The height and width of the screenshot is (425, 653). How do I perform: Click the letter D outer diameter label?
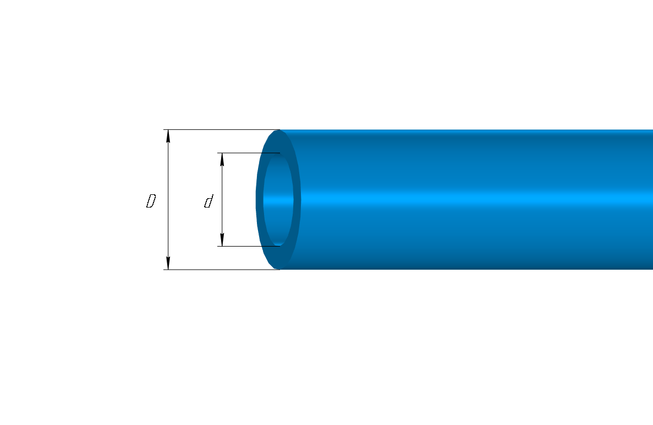coord(151,201)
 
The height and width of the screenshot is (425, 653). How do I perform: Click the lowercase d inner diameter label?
coord(208,201)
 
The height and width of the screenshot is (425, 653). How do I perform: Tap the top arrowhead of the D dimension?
coord(168,136)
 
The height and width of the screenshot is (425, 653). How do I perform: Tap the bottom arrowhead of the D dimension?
coord(168,263)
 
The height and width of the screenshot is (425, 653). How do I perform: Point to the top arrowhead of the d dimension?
coord(222,160)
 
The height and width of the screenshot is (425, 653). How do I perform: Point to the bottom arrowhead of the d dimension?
coord(222,239)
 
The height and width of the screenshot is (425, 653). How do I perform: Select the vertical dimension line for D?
coord(168,200)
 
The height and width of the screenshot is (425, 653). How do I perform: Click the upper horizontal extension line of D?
coord(222,129)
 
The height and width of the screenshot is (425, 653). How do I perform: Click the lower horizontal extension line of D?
coord(222,270)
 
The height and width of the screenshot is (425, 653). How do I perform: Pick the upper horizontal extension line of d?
coord(249,153)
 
